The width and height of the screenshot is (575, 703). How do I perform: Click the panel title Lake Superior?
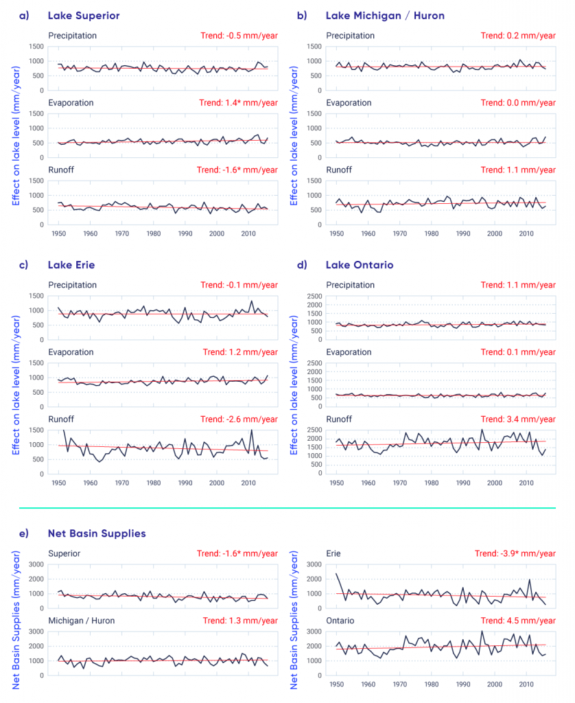(x=83, y=15)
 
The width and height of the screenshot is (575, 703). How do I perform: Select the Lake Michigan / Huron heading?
(x=385, y=15)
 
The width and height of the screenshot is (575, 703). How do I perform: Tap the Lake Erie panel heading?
(x=71, y=265)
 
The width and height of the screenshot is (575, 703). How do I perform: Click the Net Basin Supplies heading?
(x=97, y=533)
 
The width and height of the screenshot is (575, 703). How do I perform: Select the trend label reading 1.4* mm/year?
(x=239, y=103)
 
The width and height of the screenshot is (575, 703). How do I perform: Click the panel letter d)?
(x=301, y=265)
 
